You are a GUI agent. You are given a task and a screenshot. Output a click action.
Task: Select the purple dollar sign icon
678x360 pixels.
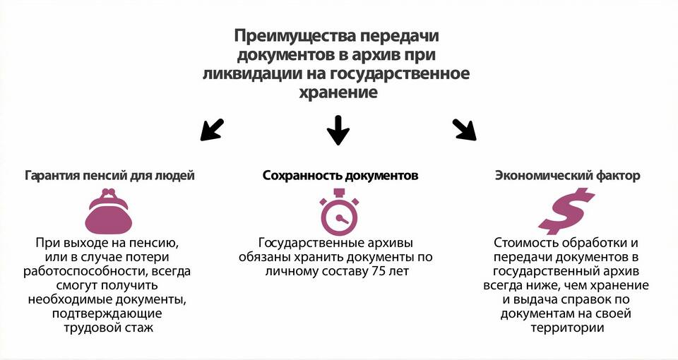click(566, 211)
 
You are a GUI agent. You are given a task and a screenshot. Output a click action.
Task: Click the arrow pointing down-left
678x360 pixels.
click(212, 130)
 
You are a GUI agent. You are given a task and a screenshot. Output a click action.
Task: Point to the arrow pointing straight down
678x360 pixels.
click(338, 130)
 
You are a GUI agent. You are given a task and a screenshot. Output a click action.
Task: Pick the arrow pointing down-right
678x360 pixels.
click(465, 130)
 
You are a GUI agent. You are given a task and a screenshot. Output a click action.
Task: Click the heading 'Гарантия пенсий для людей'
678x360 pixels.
click(110, 176)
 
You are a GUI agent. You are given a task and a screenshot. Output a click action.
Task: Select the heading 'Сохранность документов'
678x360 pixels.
click(340, 176)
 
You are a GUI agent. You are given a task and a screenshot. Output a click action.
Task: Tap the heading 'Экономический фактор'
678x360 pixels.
click(567, 176)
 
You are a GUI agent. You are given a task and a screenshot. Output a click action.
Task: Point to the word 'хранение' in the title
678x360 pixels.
click(338, 92)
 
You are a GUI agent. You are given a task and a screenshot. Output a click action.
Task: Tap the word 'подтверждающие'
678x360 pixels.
click(107, 313)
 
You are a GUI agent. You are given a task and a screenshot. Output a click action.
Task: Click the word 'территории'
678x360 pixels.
click(567, 328)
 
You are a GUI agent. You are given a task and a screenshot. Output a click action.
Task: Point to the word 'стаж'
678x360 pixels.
click(138, 328)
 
